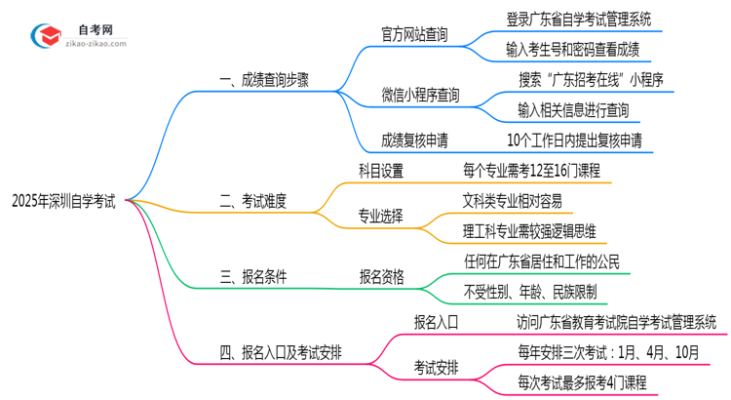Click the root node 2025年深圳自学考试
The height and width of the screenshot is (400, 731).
(63, 201)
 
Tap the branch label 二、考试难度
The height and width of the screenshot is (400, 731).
(254, 202)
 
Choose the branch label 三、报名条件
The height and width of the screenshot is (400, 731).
(254, 277)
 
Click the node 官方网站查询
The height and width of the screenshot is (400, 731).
(414, 35)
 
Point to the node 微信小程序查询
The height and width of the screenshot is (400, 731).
(420, 95)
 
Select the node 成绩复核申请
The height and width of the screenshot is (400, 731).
(414, 140)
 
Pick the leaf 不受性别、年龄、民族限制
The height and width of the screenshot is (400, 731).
(531, 292)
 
